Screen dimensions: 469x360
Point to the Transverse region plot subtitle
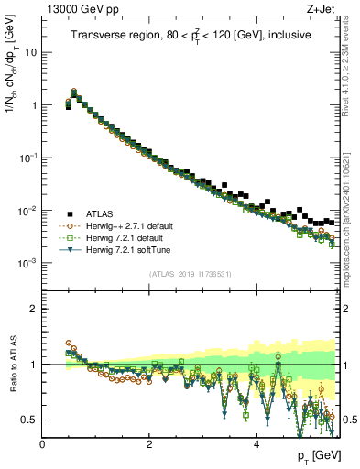191,35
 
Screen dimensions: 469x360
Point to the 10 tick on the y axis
31,52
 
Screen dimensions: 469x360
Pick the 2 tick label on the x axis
149,444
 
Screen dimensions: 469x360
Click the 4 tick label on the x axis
256,444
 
